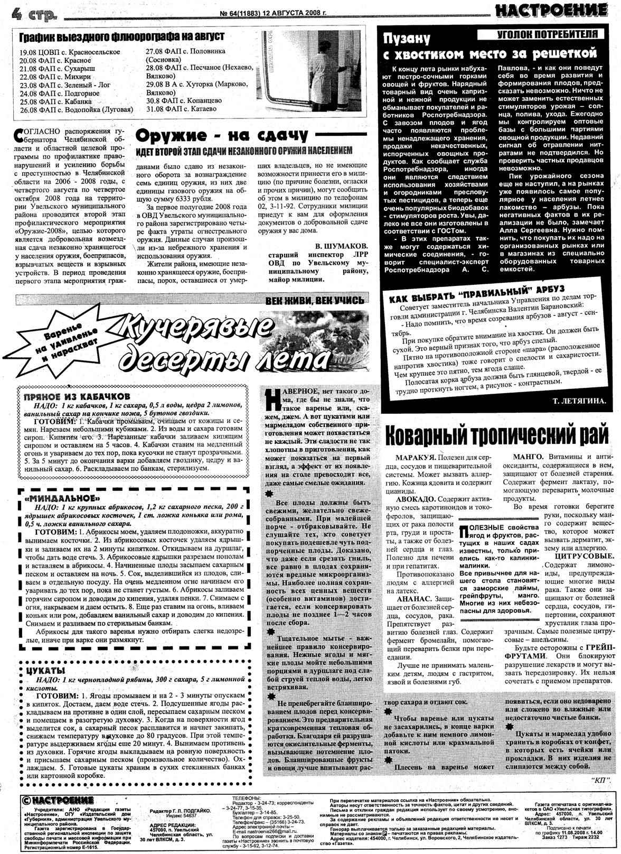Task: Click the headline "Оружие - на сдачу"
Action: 222,136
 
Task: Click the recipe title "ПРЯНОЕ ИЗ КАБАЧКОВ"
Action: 74,396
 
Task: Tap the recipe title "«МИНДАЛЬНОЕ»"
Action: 62,498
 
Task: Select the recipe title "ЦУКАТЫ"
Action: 42,670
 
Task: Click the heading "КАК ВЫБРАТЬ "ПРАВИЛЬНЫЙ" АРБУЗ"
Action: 477,294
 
